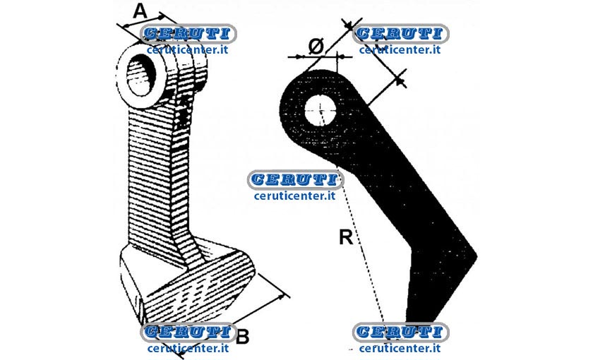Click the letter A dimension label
140,11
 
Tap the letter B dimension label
242,336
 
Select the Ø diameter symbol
316,47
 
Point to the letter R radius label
346,237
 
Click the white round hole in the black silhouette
321,110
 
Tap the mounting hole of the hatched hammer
140,74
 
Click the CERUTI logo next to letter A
188,34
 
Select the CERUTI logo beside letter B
188,332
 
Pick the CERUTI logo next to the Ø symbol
401,34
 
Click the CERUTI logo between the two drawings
295,179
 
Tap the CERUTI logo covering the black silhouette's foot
400,332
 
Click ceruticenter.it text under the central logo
295,196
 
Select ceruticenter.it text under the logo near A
188,50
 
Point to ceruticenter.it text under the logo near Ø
400,50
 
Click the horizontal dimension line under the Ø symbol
320,56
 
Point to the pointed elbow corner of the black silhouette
476,256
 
